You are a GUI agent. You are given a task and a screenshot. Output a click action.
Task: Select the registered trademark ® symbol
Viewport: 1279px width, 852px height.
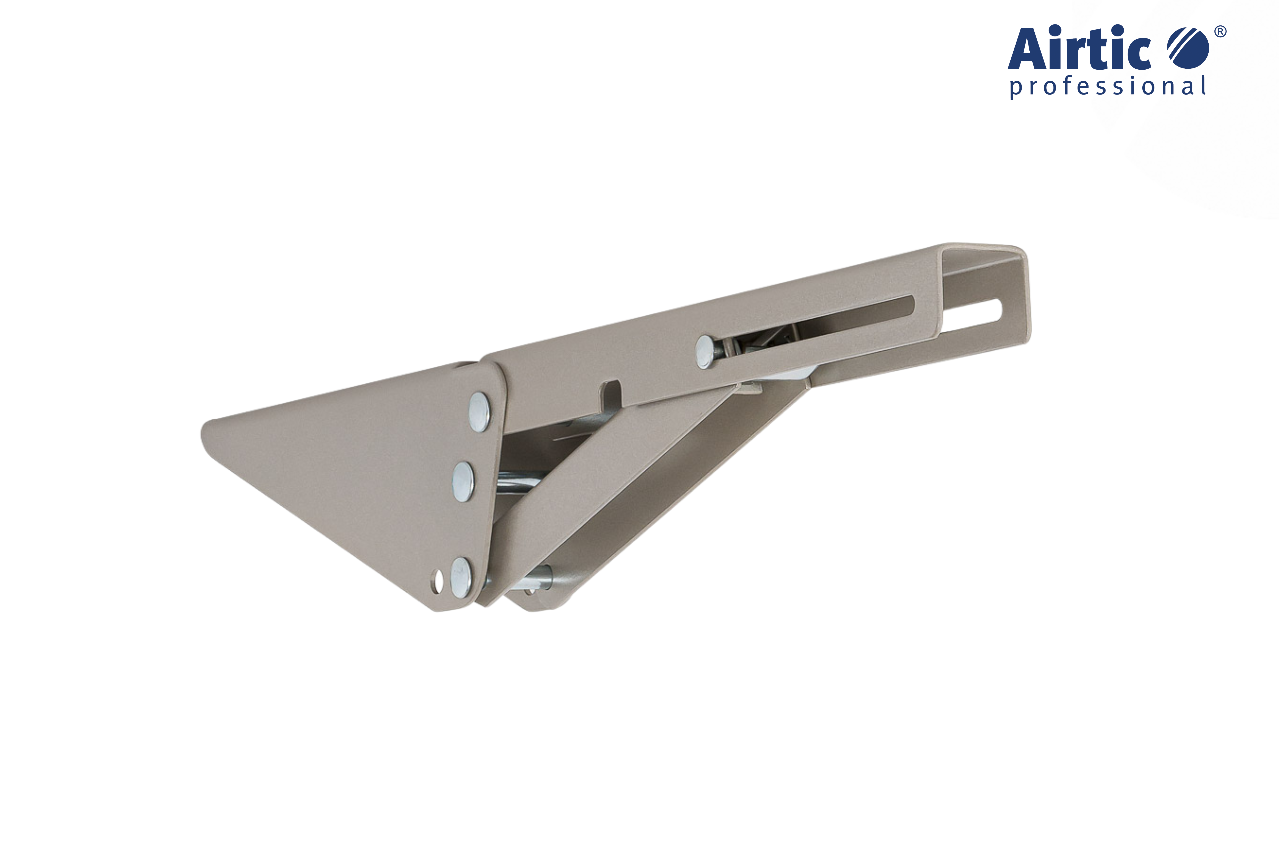1220,32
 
